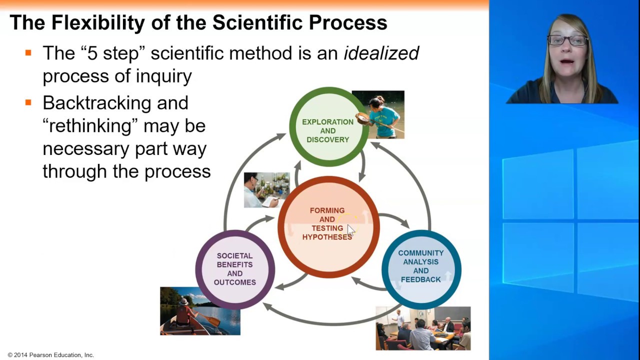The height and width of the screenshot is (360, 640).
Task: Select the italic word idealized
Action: click(381, 53)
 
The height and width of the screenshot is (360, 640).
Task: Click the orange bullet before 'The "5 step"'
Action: click(28, 52)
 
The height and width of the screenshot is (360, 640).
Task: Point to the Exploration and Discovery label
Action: click(327, 130)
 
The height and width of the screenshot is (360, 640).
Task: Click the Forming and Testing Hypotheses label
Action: click(327, 224)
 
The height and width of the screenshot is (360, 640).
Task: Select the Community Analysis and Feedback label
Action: click(421, 266)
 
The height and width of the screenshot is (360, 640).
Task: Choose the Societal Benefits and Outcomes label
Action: click(234, 269)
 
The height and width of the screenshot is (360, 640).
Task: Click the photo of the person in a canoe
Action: click(200, 310)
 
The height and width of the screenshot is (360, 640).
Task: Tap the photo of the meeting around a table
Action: click(423, 328)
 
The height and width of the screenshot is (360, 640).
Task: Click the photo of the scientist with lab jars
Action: click(266, 190)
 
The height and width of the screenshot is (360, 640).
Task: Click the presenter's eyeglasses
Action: click(567, 40)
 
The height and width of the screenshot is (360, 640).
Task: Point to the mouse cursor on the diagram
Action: click(349, 229)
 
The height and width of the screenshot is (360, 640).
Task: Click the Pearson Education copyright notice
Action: click(50, 355)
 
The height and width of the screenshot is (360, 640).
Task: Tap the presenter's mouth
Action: click(567, 62)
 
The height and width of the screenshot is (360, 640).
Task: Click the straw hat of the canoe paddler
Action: click(183, 301)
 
